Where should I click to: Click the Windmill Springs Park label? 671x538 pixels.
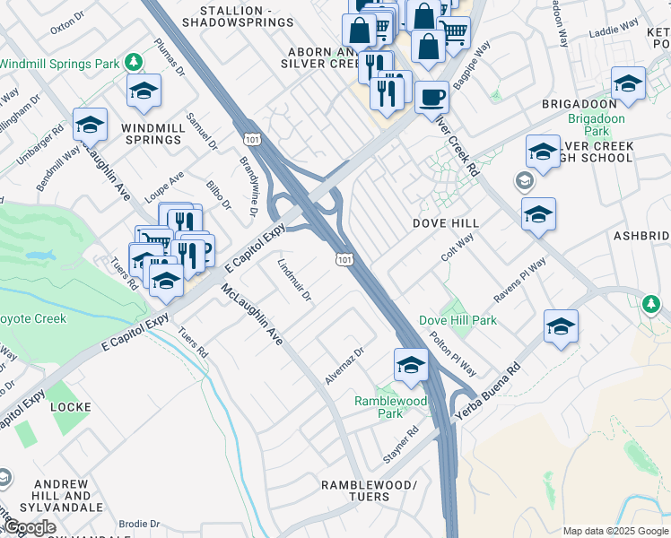60,65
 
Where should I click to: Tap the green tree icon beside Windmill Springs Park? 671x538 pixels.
134,62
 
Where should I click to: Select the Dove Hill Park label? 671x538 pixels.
457,320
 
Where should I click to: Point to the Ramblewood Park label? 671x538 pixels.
390,407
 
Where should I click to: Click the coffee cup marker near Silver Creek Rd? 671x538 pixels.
431,96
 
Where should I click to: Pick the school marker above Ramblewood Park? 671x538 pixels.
411,364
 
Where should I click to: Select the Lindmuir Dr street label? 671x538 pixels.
294,280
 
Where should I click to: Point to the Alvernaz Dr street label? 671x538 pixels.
344,367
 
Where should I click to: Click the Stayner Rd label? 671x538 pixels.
401,444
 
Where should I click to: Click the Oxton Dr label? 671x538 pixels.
66,26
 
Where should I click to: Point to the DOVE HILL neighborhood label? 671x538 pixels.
445,222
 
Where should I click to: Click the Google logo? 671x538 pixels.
30,527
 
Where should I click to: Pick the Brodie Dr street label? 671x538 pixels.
139,524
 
